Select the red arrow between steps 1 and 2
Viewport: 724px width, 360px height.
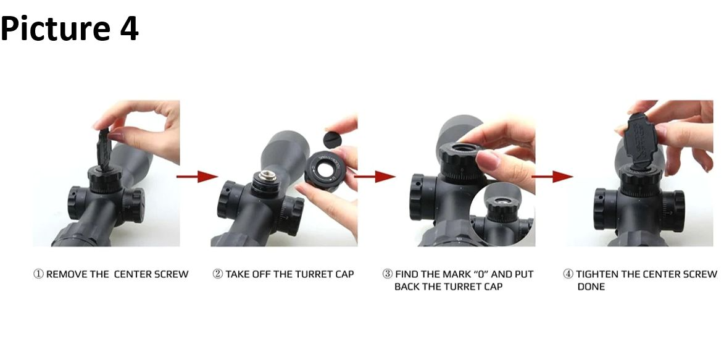pos(197,176)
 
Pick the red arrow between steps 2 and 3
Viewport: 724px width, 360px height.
pos(375,176)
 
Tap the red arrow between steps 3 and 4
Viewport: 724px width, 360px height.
pos(552,176)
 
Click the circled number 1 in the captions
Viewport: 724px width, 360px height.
pos(38,274)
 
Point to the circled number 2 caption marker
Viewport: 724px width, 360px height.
pos(217,274)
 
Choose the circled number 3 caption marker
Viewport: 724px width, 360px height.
pos(388,274)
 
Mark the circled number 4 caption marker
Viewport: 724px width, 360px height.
pos(568,274)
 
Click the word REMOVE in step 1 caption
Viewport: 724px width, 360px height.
pos(67,274)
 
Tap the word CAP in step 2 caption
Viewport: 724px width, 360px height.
pos(344,274)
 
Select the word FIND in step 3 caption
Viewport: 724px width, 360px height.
pos(407,274)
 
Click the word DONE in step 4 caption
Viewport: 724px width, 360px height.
pos(591,287)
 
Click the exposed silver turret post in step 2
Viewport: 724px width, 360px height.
pos(267,176)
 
